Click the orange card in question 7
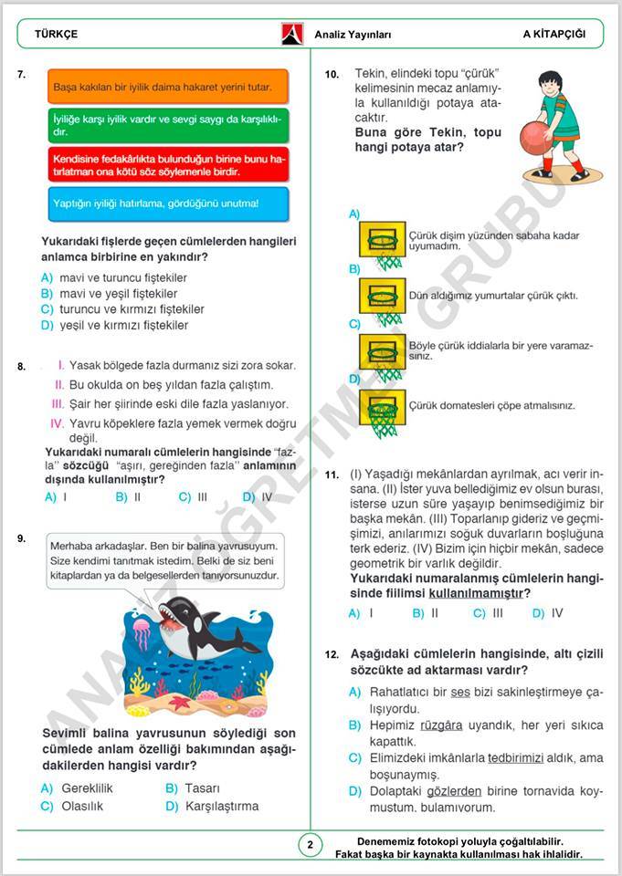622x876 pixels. tap(166, 87)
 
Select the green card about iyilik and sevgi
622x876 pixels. tap(166, 125)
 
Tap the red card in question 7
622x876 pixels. tap(166, 164)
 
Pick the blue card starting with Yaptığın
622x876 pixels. tap(166, 203)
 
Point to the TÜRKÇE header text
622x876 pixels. tap(56, 34)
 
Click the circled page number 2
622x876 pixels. tap(310, 844)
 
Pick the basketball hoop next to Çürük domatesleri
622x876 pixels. tap(381, 408)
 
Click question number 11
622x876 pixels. tap(332, 475)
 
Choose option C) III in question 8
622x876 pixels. tap(193, 497)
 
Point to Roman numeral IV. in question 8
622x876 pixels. tap(57, 423)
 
